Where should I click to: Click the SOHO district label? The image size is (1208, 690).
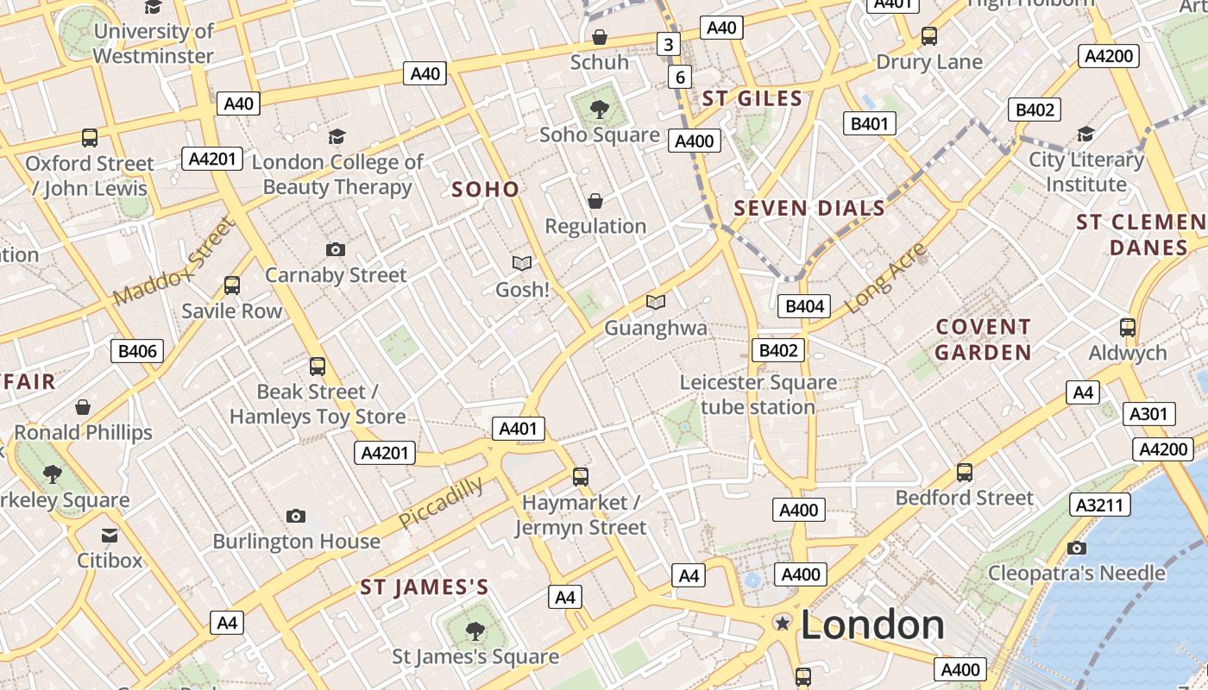tap(486, 190)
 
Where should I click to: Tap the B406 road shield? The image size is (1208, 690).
tap(137, 350)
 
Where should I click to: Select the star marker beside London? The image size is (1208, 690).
tap(783, 623)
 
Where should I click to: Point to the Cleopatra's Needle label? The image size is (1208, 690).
tap(1076, 573)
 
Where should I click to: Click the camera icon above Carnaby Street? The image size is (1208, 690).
tap(336, 250)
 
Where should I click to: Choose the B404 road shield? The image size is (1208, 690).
tap(805, 305)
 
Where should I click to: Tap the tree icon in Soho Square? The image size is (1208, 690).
tap(599, 110)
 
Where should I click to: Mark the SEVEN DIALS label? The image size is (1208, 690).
tap(809, 208)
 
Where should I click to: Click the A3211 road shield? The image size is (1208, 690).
tap(1100, 505)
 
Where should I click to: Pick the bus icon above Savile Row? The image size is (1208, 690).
tap(231, 285)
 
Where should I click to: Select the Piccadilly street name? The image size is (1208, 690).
tap(441, 504)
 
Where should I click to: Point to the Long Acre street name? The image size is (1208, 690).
tap(885, 278)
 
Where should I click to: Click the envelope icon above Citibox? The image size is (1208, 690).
tap(110, 536)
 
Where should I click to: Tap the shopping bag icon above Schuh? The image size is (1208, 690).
tap(599, 37)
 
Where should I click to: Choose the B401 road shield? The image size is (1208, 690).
tap(869, 123)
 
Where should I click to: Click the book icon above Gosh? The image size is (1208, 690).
tap(522, 263)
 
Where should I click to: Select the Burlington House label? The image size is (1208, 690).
tap(296, 542)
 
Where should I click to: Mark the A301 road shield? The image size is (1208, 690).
tap(1148, 414)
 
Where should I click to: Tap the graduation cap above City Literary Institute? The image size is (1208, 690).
tap(1085, 135)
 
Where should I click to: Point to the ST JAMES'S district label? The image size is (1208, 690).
tap(425, 588)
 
